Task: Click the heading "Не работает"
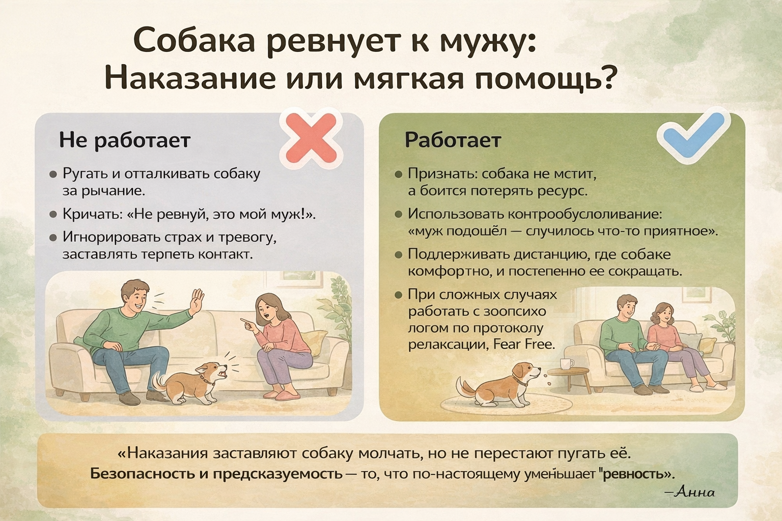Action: click(x=125, y=140)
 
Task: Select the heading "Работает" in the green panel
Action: click(x=453, y=140)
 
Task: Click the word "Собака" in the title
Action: click(x=194, y=42)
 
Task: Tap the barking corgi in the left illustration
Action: click(x=190, y=382)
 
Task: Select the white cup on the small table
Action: click(x=566, y=363)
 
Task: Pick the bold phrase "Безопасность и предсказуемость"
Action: click(x=216, y=474)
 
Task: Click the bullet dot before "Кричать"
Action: click(x=53, y=214)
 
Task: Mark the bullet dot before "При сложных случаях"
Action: click(x=399, y=295)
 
